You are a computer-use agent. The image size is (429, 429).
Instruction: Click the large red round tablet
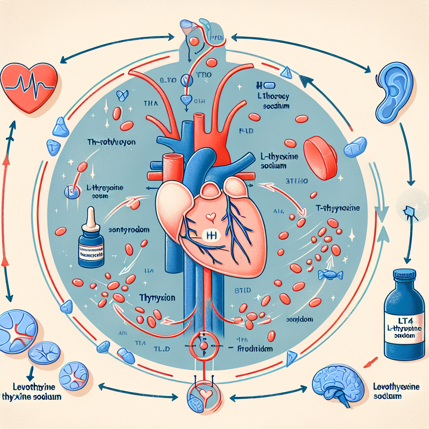tap(320, 157)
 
